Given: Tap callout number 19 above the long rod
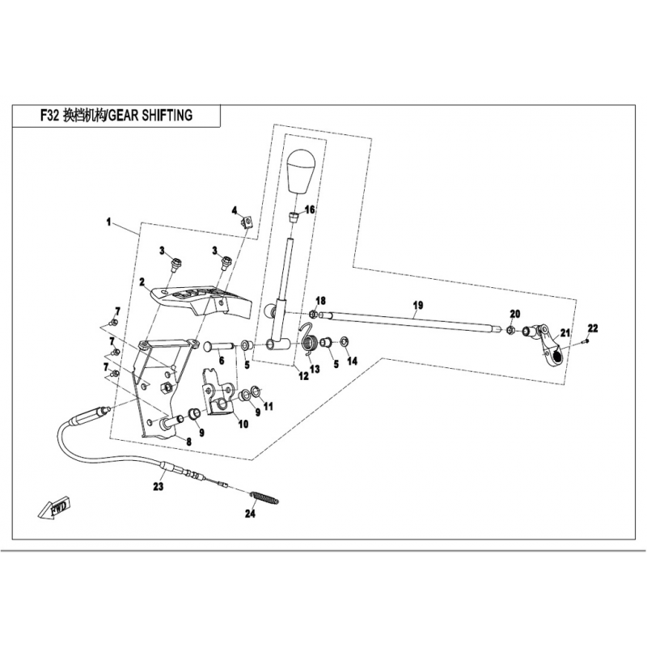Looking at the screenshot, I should point(418,305).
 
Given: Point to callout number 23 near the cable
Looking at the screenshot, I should point(159,487).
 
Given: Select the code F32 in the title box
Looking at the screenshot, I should point(49,115).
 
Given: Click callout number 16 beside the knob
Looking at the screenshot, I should point(310,209).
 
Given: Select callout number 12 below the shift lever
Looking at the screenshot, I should point(302,375).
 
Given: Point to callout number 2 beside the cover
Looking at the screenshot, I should point(141,282).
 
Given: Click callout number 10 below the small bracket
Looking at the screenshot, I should point(243,424).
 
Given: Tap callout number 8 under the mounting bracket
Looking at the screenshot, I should point(188,441).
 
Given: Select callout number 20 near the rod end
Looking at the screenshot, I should point(514,314).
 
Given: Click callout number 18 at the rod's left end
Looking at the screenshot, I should point(320,301).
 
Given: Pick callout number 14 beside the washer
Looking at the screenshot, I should point(351,361).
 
